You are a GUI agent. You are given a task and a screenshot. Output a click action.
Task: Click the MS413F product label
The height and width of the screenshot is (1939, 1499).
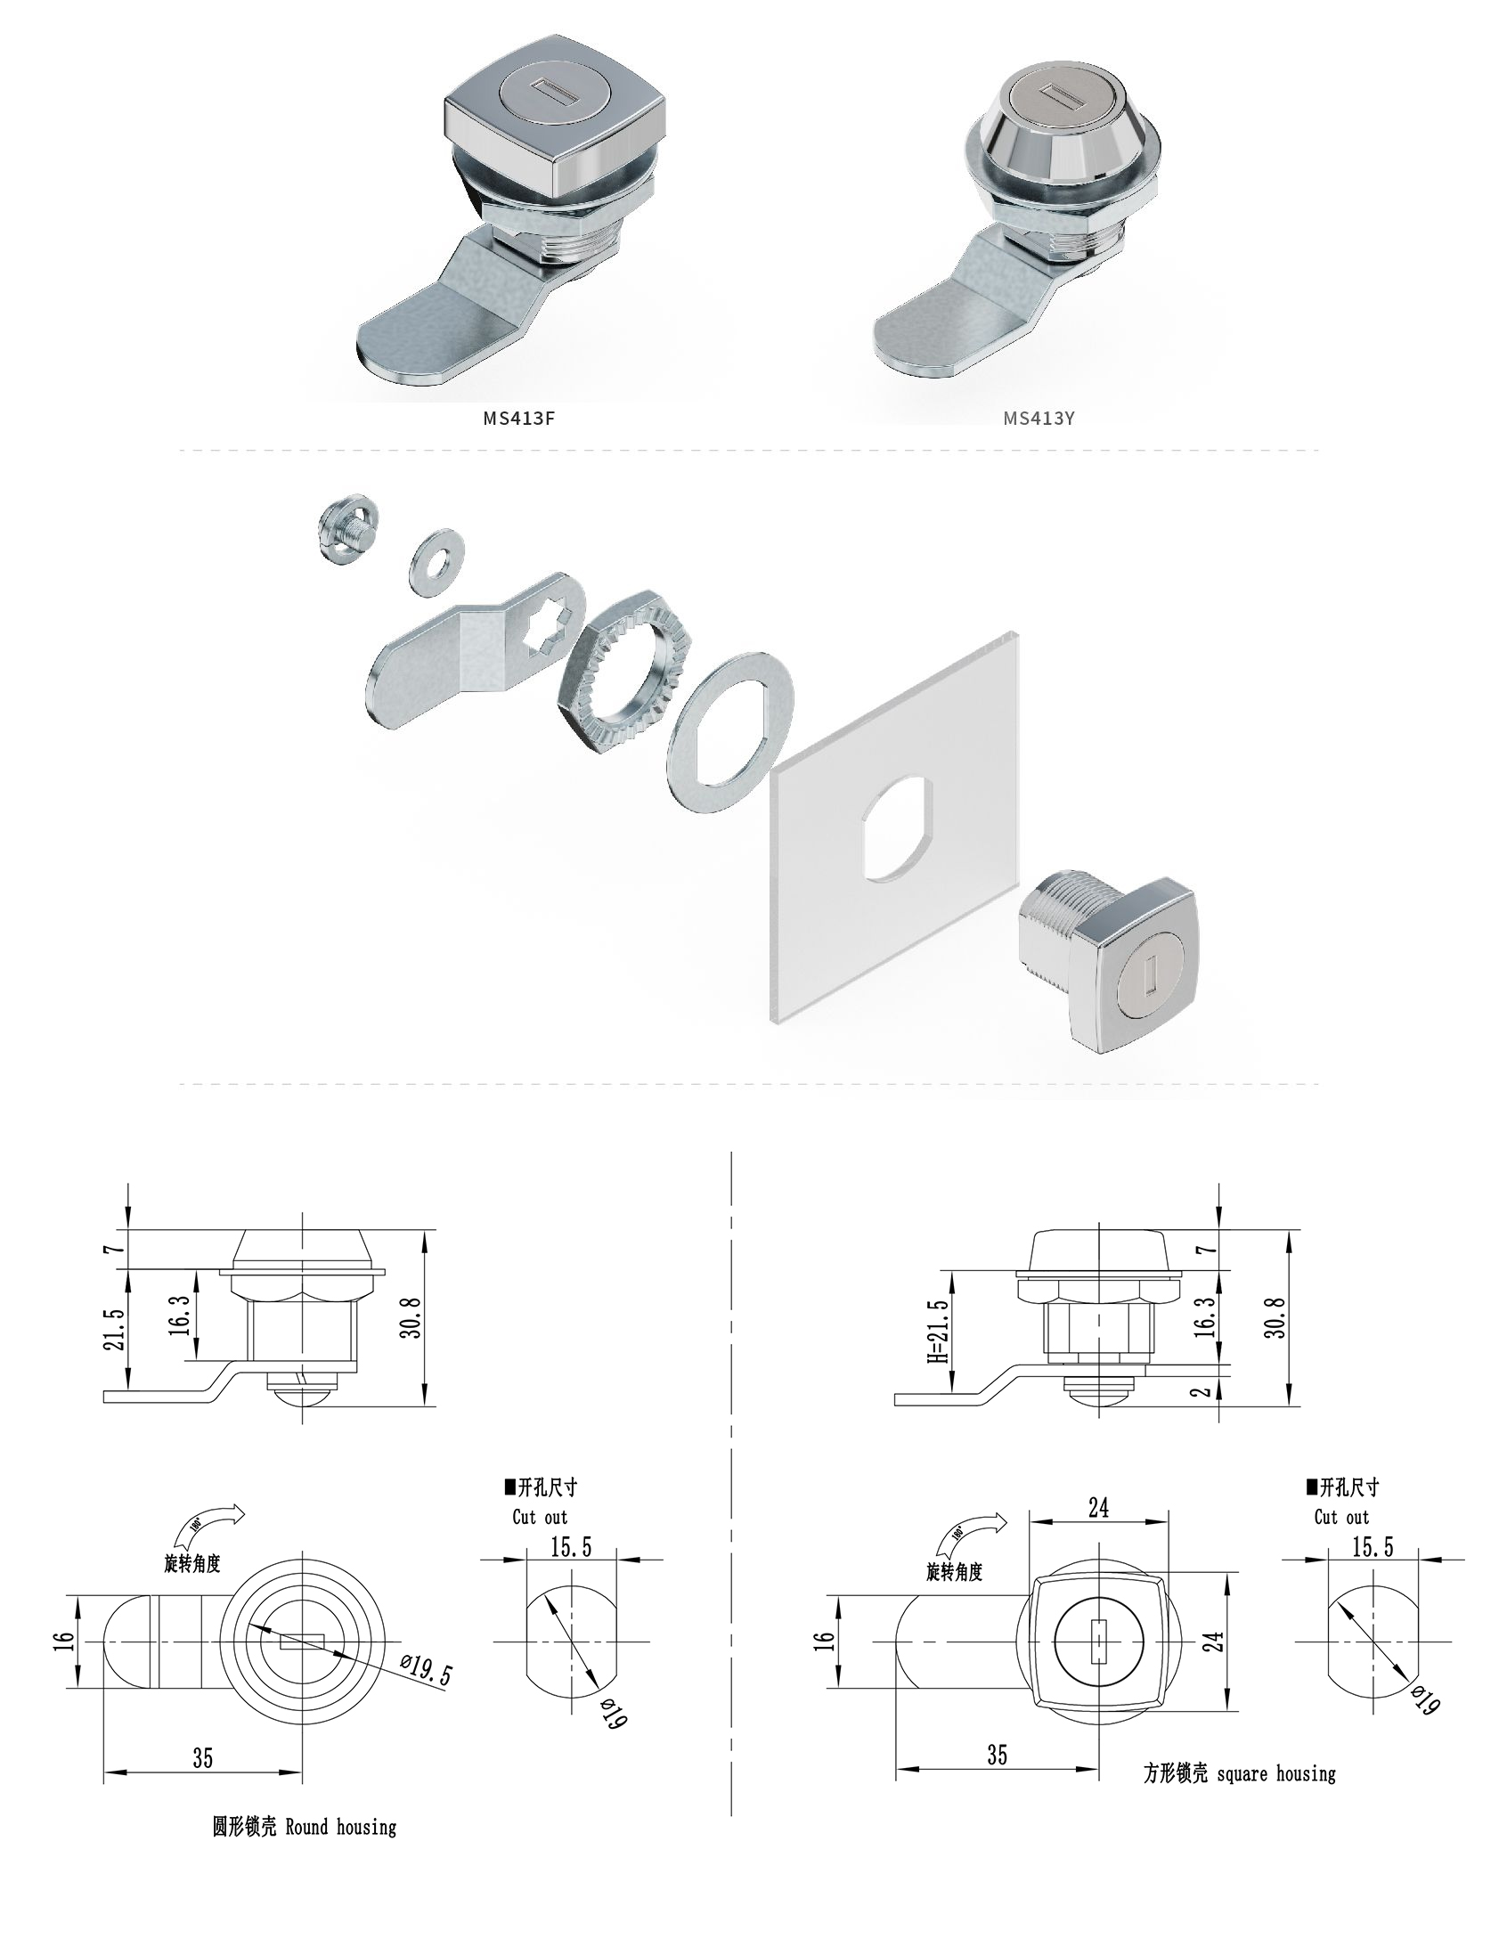click(x=518, y=418)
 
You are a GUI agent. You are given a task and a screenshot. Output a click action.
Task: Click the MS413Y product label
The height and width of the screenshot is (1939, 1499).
click(x=1039, y=418)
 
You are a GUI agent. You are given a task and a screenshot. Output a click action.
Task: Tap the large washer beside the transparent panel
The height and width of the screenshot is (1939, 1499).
click(x=730, y=732)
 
